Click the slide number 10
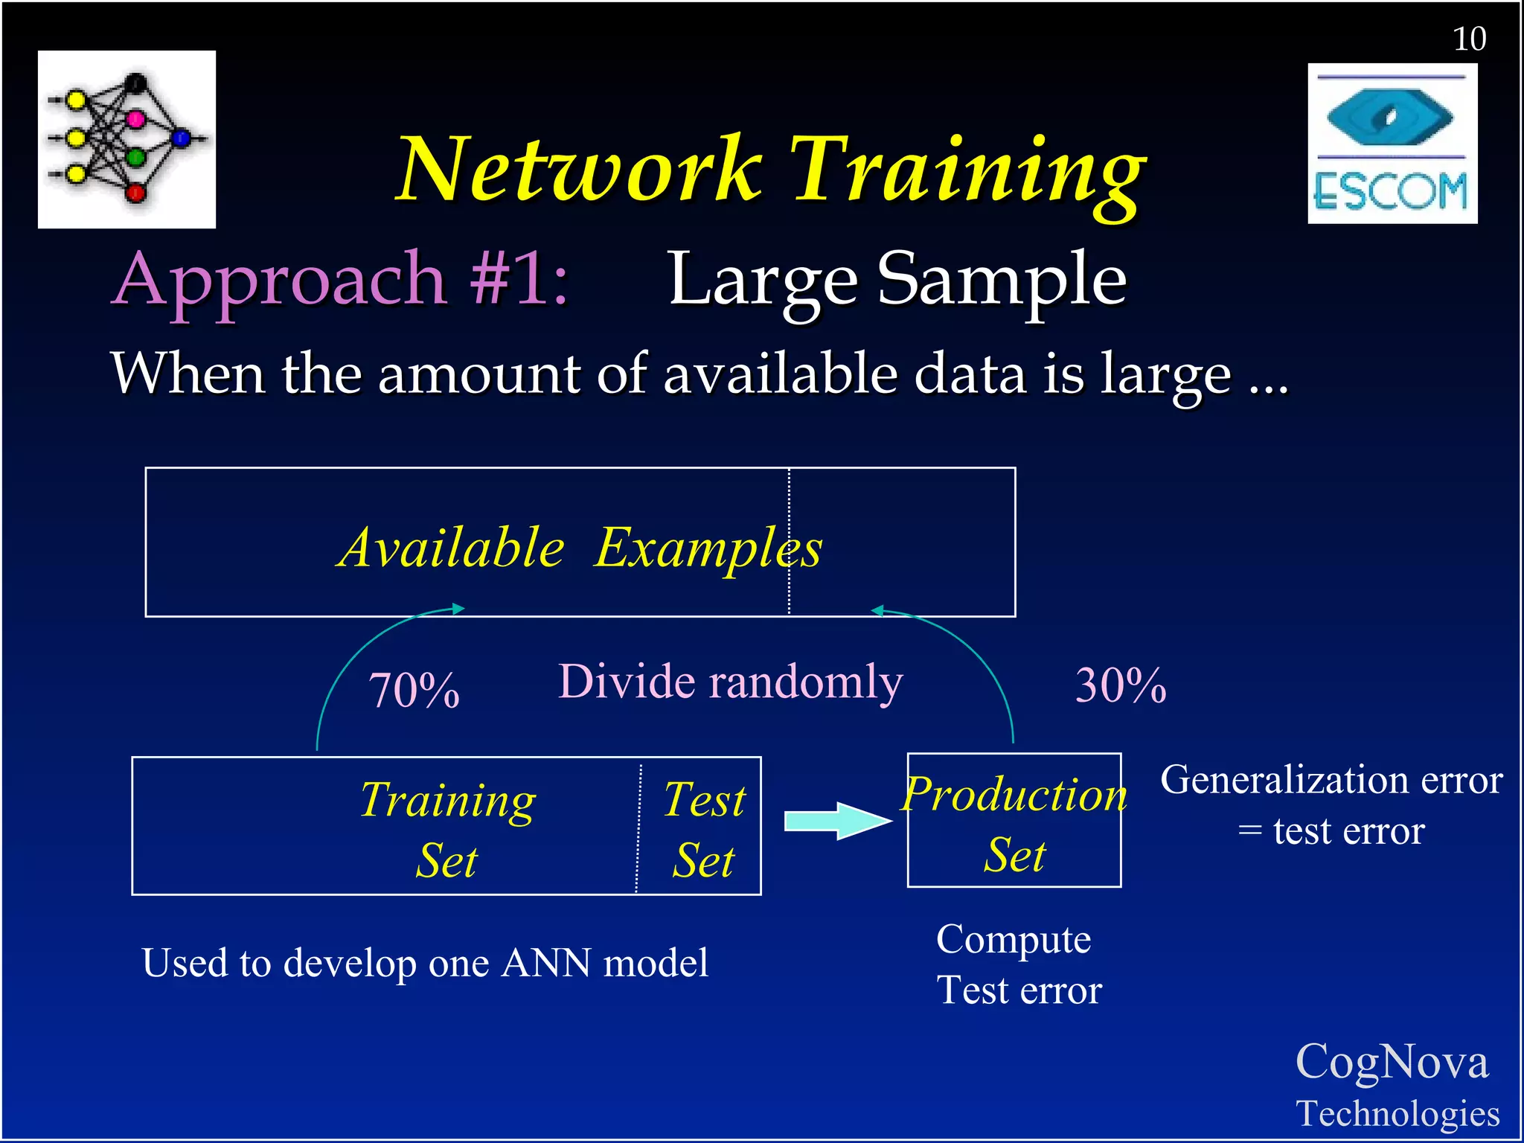(x=1469, y=39)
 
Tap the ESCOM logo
(x=1392, y=144)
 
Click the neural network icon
(x=127, y=139)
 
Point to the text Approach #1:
(x=341, y=280)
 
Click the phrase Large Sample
(x=897, y=280)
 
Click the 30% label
(x=1120, y=685)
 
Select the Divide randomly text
(x=730, y=682)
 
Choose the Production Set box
(x=1014, y=821)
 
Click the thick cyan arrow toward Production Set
(x=837, y=821)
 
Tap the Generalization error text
(x=1331, y=781)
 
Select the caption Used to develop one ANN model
(x=425, y=963)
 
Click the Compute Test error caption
(x=1018, y=964)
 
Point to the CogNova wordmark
(x=1392, y=1061)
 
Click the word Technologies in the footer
(x=1397, y=1114)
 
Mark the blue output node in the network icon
(x=182, y=138)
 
